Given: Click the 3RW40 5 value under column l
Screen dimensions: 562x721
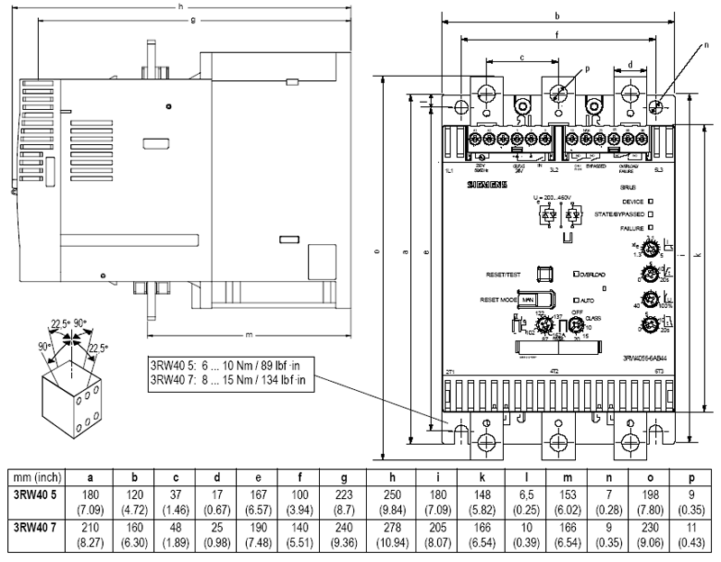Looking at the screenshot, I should (522, 496).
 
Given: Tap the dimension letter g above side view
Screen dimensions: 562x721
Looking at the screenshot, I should (193, 21).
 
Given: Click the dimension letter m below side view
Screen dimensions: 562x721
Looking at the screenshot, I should (248, 335).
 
